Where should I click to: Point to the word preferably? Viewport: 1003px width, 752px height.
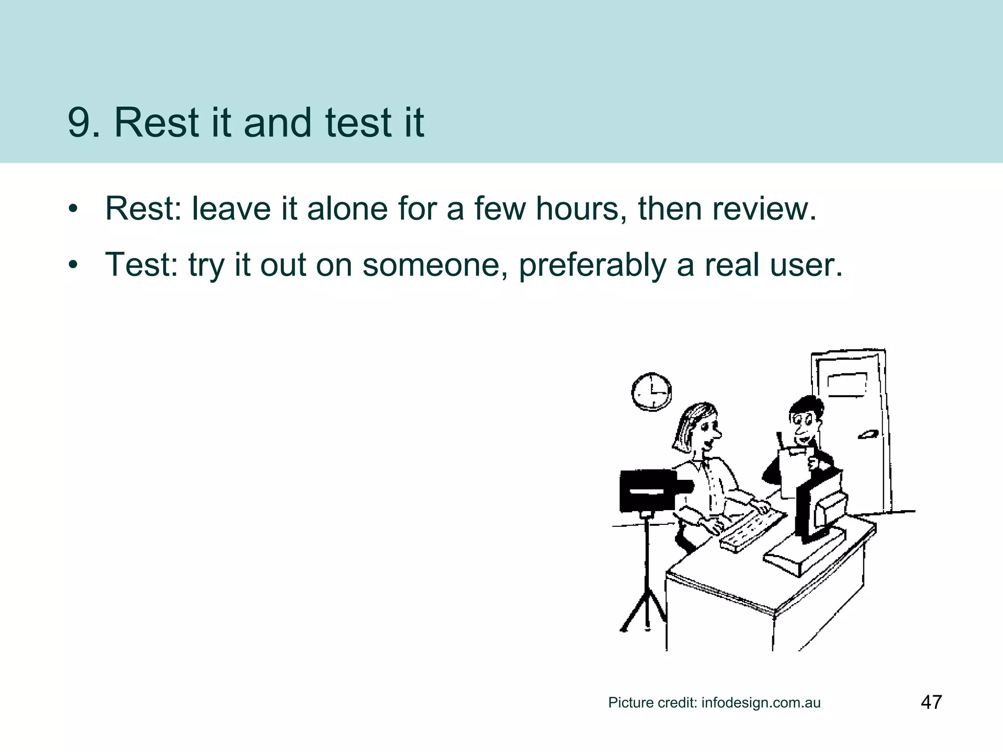(x=592, y=265)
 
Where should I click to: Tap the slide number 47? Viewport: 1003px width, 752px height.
(x=931, y=702)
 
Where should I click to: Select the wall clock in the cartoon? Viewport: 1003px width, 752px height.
(x=651, y=392)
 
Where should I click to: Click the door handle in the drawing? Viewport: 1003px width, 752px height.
(x=867, y=434)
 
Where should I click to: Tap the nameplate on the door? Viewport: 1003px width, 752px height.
(x=847, y=384)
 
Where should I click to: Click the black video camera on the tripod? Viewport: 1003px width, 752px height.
(x=649, y=490)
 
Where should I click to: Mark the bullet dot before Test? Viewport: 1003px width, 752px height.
(x=73, y=265)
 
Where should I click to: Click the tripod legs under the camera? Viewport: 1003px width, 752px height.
(x=645, y=607)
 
